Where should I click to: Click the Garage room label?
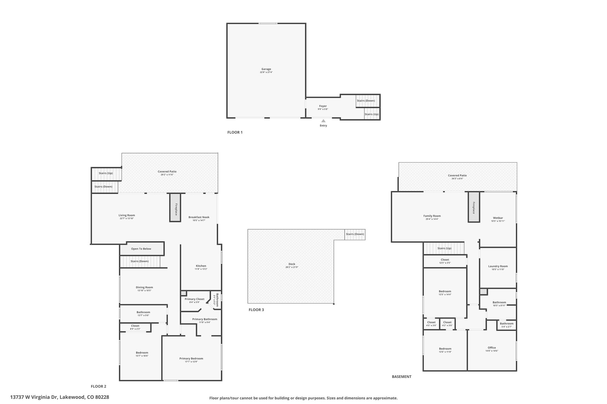point(266,69)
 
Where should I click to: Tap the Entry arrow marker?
point(323,121)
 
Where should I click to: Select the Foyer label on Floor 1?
point(323,106)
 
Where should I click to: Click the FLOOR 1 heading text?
point(235,132)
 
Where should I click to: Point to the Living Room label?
point(127,215)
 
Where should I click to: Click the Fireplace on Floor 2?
point(175,207)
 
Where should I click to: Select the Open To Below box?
point(141,249)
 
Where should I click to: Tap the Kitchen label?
point(201,266)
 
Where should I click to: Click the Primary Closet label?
point(194,299)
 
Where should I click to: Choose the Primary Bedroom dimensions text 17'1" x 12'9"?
point(191,362)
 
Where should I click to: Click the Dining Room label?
point(144,287)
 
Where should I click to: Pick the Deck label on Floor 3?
point(292,264)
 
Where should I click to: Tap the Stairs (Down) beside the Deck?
point(355,234)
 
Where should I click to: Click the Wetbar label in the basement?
point(498,218)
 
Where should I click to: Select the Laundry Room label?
point(498,266)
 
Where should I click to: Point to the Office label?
point(492,348)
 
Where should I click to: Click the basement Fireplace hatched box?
point(474,207)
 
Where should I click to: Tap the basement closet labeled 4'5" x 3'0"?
point(431,323)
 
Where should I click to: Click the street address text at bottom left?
point(60,397)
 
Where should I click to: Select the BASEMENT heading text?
point(402,377)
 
